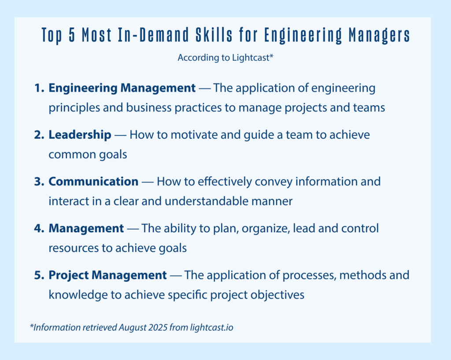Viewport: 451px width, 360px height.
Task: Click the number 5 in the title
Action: point(72,35)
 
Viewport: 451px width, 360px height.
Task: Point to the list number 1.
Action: point(39,88)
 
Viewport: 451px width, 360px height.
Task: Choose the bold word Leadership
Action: point(80,135)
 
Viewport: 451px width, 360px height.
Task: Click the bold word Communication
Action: point(93,182)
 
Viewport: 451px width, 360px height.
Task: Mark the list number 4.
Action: point(39,229)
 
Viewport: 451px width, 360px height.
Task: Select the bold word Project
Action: point(68,275)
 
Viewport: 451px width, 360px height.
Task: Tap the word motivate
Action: point(194,135)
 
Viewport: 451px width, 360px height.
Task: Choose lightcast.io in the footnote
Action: point(211,327)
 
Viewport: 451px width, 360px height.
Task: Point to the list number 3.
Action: point(39,182)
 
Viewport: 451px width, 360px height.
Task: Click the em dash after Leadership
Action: point(120,135)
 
